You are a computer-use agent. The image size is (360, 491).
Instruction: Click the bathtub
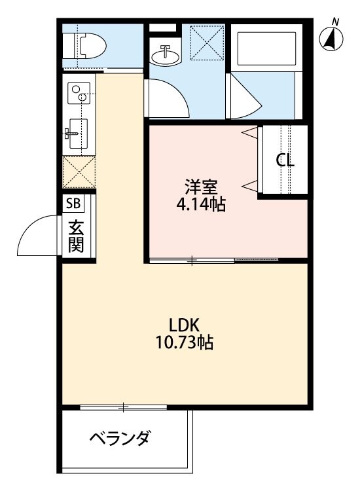[x=266, y=48]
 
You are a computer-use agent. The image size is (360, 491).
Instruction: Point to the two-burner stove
[x=79, y=93]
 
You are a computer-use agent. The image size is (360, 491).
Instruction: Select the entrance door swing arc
[x=37, y=237]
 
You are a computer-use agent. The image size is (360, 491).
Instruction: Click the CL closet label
[x=285, y=161]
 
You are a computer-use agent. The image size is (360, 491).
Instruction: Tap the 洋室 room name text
[x=196, y=187]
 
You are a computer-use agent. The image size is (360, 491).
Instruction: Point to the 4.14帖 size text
[x=196, y=205]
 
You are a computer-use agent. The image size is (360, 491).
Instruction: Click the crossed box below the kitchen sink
[x=79, y=172]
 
